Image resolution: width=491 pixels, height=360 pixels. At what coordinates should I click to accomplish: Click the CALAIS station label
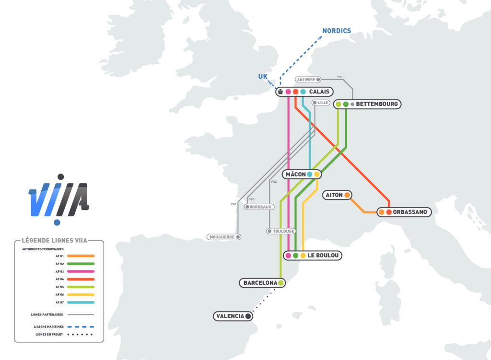[319, 92]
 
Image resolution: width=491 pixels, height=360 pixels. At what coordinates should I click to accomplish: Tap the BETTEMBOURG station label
[377, 104]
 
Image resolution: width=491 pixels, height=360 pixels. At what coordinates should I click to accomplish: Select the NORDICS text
[336, 31]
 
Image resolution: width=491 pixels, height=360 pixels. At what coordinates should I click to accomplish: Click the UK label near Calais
[263, 76]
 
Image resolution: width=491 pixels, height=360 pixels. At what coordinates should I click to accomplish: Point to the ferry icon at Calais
[281, 92]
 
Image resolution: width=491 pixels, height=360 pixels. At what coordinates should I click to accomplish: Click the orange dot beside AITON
[347, 195]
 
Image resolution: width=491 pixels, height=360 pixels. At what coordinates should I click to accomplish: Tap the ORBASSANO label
[409, 212]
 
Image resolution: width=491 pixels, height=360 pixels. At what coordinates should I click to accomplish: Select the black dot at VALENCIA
[248, 316]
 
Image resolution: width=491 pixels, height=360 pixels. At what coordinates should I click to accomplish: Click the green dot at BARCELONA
[281, 283]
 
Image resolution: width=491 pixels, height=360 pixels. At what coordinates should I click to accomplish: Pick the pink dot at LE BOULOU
[288, 255]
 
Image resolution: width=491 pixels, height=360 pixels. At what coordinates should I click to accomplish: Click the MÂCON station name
[295, 174]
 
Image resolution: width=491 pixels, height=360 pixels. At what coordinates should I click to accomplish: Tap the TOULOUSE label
[283, 231]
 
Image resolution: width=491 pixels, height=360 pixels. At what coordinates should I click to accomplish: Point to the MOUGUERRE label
[222, 237]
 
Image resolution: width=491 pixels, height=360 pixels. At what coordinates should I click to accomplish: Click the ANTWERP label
[305, 80]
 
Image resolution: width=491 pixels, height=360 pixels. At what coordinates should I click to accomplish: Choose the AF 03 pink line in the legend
[81, 271]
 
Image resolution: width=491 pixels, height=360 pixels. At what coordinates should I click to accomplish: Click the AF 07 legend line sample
[81, 302]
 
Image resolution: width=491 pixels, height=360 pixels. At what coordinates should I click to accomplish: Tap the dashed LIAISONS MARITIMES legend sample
[81, 326]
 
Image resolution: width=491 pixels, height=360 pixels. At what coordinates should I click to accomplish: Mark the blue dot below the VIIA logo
[57, 222]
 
